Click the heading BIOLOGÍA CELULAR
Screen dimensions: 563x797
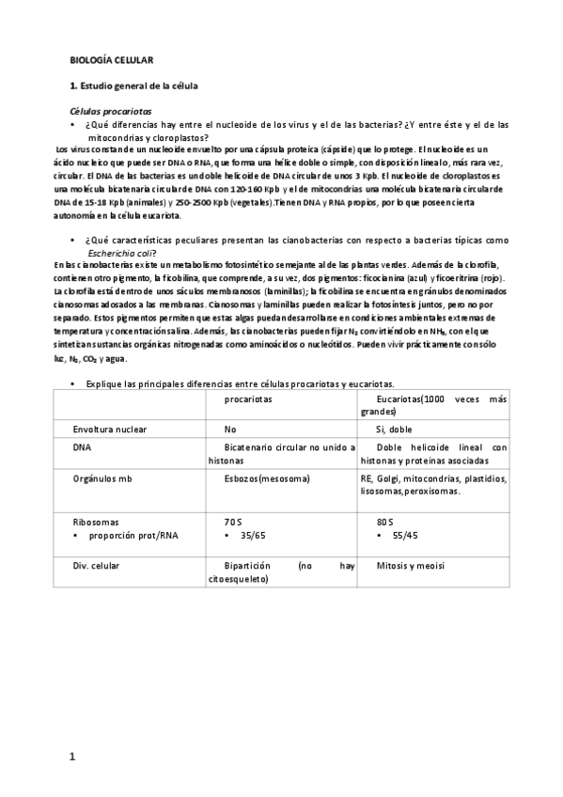pyautogui.click(x=113, y=60)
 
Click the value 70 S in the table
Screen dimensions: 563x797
pyautogui.click(x=234, y=521)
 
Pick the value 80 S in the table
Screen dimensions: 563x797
pyautogui.click(x=384, y=521)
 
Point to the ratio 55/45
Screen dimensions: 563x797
pyautogui.click(x=402, y=534)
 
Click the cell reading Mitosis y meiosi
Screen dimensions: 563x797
pyautogui.click(x=410, y=566)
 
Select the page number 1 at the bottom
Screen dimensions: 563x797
pyautogui.click(x=73, y=757)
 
